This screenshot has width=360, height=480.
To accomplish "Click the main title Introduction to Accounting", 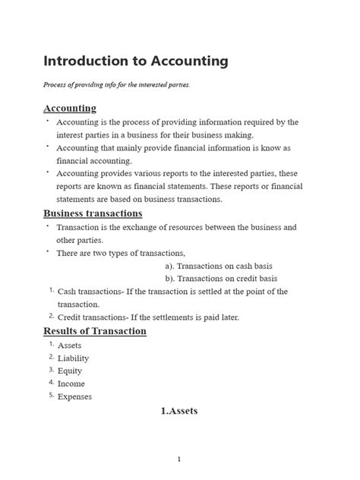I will click(x=136, y=60).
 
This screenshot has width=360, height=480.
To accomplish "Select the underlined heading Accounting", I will click(x=70, y=109).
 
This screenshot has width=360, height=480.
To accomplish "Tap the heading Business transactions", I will click(x=93, y=213).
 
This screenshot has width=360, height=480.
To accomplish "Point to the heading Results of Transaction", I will click(x=95, y=331).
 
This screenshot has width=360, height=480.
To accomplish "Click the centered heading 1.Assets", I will click(x=179, y=411).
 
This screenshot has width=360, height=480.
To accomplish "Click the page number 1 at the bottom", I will click(x=179, y=459).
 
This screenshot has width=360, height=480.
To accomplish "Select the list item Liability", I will click(x=73, y=358).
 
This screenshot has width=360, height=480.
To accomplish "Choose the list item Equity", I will click(x=71, y=371).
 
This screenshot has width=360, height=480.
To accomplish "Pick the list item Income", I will click(x=71, y=384).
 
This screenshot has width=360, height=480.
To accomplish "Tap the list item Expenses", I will click(x=75, y=396).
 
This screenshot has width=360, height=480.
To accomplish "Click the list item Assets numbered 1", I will click(x=70, y=345).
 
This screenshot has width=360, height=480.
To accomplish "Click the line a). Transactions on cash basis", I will click(x=220, y=266).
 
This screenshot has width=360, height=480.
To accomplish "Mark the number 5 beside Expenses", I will click(x=50, y=395).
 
